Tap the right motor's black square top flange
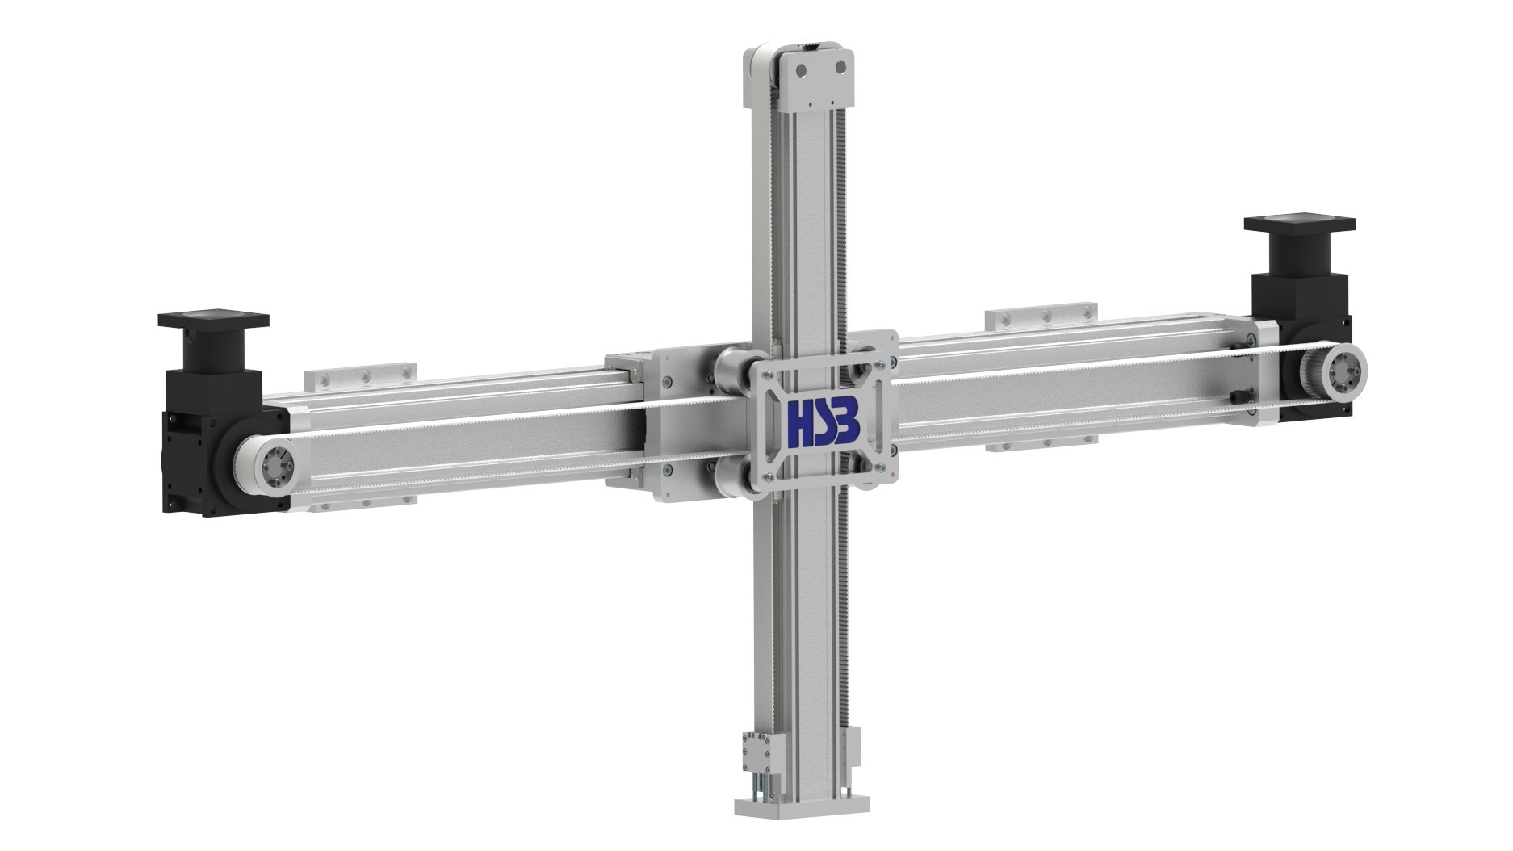(x=1299, y=224)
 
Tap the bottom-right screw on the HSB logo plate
(x=882, y=466)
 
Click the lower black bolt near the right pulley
(x=1240, y=396)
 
